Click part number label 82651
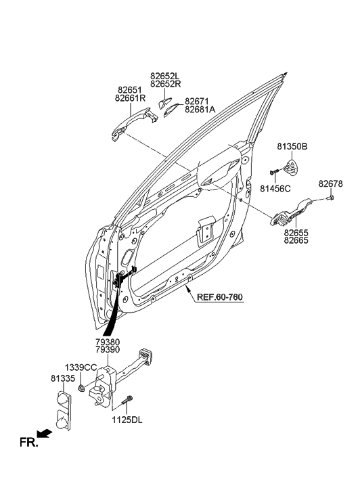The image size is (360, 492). point(130,89)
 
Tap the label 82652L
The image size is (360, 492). point(166,75)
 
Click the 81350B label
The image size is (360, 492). point(292,146)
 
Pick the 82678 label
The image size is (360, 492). point(330,183)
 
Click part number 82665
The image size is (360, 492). point(298,240)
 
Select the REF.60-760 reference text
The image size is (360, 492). point(221,296)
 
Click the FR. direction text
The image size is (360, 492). point(28,443)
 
